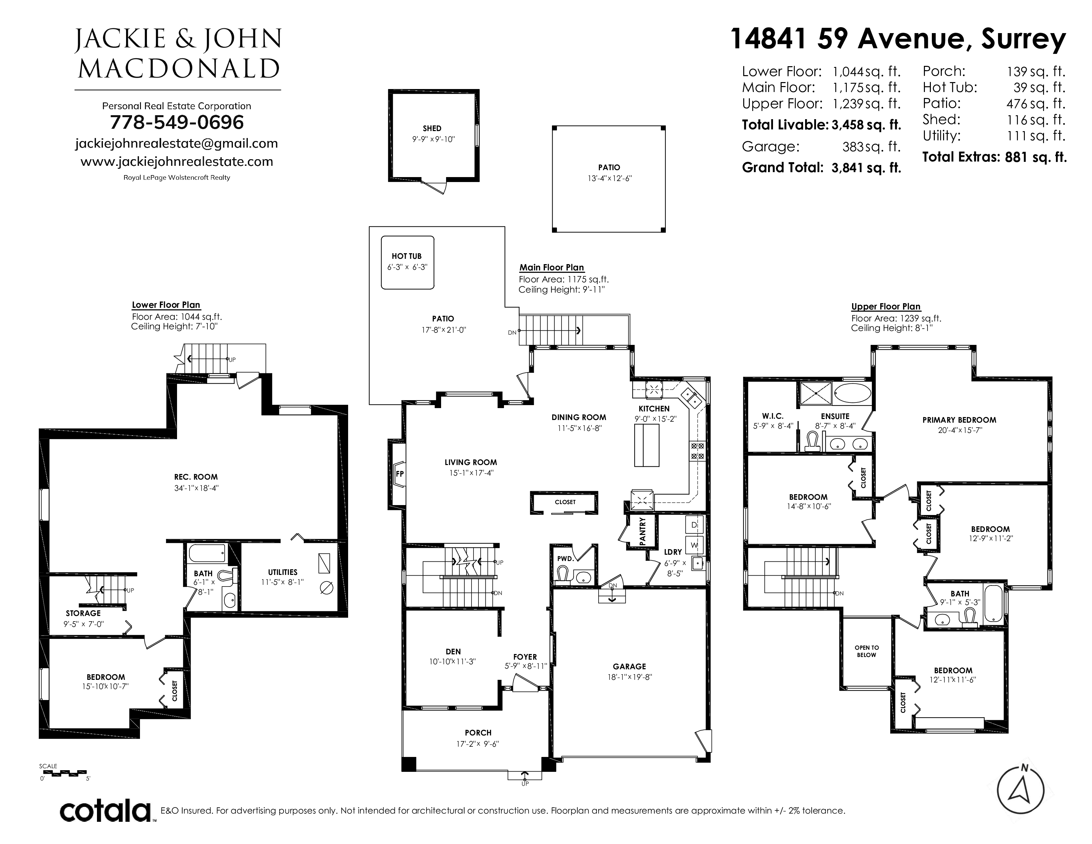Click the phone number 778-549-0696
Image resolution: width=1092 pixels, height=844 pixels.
[177, 122]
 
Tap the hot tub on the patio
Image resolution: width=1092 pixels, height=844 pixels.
[407, 262]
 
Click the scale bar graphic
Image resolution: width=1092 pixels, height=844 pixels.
[64, 773]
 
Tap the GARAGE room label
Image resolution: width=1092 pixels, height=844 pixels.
[629, 667]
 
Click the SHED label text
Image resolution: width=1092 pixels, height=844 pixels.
[432, 128]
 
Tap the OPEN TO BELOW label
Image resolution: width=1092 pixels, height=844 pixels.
[867, 651]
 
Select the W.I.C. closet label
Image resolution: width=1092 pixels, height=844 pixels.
[772, 416]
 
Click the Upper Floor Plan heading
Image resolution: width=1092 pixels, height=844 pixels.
[886, 306]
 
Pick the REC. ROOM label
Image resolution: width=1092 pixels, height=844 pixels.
[196, 477]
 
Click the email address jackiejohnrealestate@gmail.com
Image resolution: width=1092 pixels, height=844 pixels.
[176, 144]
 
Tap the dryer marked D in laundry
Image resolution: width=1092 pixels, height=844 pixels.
[694, 525]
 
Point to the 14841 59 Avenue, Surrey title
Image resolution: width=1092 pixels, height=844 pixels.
[898, 39]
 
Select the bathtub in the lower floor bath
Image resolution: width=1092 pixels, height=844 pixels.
[207, 553]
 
